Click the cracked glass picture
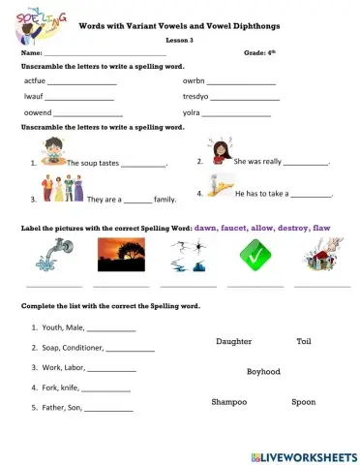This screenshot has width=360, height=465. tap(186, 258)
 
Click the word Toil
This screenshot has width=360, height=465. tap(304, 342)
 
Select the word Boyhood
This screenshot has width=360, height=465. tap(263, 371)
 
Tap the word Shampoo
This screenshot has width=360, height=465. tap(229, 401)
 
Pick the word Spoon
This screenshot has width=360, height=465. tap(303, 401)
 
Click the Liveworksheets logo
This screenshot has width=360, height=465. tap(303, 454)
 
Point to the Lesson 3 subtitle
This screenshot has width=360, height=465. tap(179, 40)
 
